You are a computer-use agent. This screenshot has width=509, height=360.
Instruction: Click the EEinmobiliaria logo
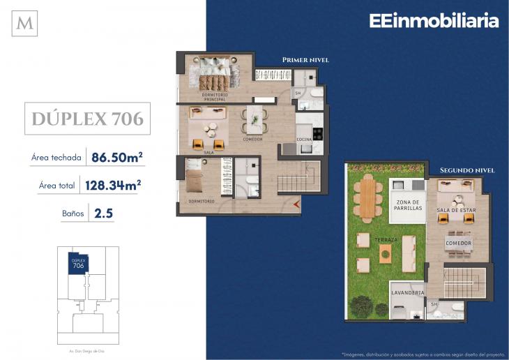point(434,21)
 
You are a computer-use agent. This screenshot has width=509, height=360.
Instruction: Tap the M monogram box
point(25,24)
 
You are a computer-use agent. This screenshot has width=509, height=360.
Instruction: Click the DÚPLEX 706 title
point(88,119)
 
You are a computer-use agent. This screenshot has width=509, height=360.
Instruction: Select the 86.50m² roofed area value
point(117,157)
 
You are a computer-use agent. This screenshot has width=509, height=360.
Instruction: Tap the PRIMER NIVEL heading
point(305,61)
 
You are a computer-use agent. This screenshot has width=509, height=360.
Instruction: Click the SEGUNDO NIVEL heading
point(467,170)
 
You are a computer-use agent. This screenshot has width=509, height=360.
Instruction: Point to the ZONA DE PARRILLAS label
point(408,207)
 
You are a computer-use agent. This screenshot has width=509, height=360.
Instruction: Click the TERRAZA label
point(386,240)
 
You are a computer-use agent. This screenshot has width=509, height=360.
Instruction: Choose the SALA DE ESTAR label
point(456,210)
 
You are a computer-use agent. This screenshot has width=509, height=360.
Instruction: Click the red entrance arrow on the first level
point(296,204)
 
